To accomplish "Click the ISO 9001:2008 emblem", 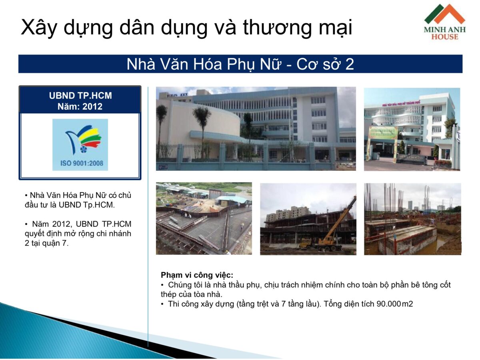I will point(80,144).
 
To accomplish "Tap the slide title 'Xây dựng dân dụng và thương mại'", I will point(186,28).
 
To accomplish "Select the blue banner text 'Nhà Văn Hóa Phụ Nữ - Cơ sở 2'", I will point(240,64).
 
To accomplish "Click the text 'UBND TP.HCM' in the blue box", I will point(80,96).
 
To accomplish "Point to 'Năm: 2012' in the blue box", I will point(80,106).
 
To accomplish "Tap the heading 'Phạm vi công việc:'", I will point(197,275).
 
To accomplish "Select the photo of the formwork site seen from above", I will point(204,218).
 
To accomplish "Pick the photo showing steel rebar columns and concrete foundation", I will point(412,218).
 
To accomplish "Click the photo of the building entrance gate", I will point(412,129).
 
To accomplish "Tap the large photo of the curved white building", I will point(256,129).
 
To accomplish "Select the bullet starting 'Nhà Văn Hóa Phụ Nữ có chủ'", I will point(78,200).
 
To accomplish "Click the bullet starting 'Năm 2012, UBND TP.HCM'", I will point(78,234).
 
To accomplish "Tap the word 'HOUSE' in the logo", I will point(445,37).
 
